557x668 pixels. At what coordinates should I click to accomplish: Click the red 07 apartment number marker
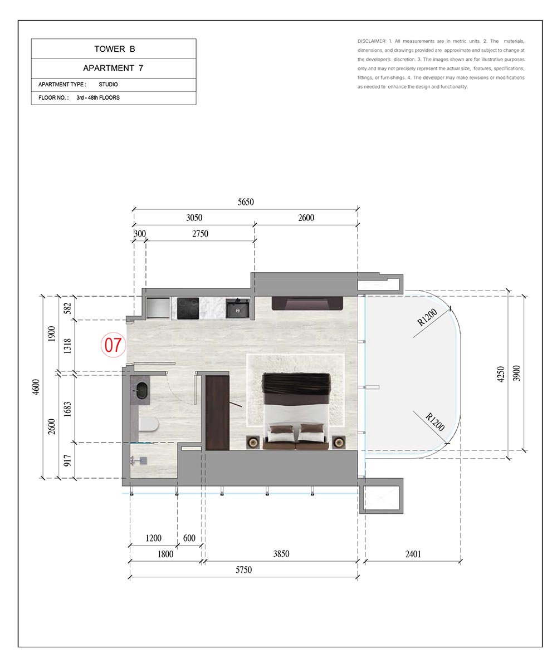tap(113, 345)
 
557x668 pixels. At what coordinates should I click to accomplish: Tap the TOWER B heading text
tap(115, 49)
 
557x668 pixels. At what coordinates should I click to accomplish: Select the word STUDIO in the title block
tap(108, 85)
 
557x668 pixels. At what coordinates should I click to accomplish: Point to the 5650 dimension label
tap(246, 202)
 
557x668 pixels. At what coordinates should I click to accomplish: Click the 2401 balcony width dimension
tap(413, 554)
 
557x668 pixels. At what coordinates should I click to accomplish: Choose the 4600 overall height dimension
tap(36, 387)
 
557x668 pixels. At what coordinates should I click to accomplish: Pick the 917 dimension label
tap(67, 460)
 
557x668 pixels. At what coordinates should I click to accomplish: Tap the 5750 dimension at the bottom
tap(243, 569)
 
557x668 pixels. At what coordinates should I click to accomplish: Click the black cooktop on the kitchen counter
tap(188, 308)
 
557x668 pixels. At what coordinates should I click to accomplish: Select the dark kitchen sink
tap(237, 308)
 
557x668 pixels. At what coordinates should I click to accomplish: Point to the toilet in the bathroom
tap(149, 425)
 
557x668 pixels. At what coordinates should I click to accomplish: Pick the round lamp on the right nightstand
tap(339, 443)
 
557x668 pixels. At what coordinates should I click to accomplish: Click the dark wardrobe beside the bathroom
tap(217, 412)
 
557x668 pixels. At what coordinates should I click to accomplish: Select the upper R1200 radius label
tap(427, 317)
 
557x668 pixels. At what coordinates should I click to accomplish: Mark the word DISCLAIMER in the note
tap(372, 41)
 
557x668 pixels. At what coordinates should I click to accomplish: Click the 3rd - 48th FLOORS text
tap(98, 97)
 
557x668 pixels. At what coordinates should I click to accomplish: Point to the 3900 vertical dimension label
tap(517, 373)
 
